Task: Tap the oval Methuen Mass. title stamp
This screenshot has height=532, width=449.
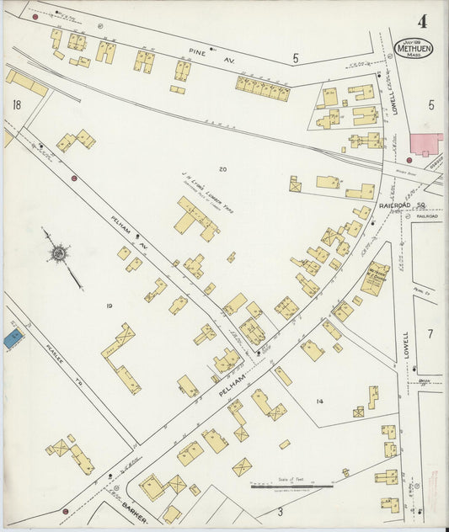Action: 414,48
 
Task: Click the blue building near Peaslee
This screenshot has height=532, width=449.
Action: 13,338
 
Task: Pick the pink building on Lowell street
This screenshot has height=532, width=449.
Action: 425,143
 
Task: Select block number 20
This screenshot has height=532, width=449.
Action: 222,170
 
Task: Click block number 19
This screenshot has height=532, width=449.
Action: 109,303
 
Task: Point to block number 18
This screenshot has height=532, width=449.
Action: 17,105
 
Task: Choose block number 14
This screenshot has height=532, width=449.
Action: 319,402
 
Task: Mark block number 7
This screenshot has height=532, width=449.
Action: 430,334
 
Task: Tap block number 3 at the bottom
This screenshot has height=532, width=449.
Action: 280,510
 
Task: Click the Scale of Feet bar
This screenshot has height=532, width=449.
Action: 291,486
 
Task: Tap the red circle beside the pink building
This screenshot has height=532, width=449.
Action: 409,160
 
